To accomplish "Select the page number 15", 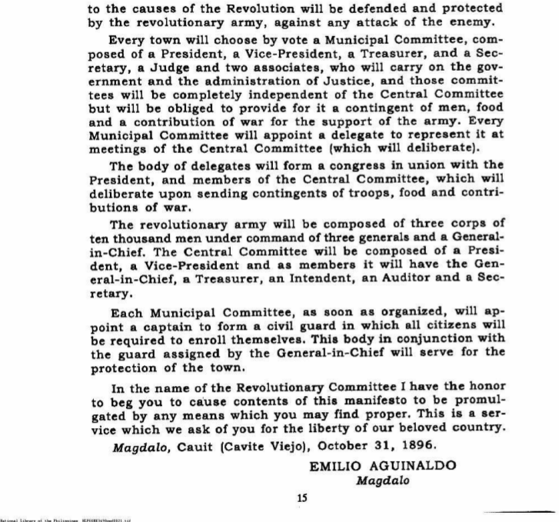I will (302, 498).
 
